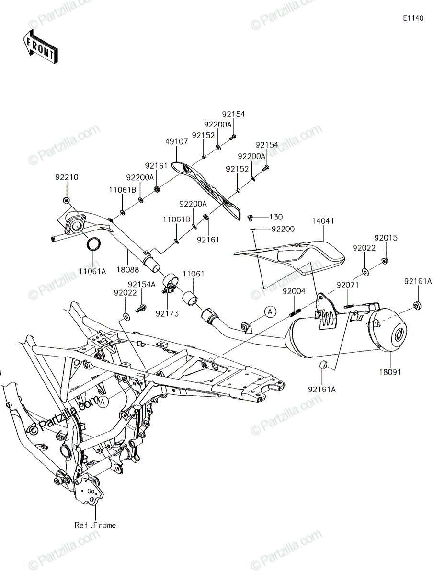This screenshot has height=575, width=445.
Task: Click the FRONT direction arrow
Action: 40,46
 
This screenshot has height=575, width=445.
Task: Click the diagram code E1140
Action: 413,18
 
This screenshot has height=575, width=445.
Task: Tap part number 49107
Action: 176,142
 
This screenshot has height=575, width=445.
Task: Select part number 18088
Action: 128,270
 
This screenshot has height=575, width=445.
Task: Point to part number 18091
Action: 390,372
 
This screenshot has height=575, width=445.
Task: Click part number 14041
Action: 323,221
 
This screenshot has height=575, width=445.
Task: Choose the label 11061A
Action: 92,271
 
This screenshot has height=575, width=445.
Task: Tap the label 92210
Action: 67,177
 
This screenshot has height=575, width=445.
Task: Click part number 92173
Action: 167,313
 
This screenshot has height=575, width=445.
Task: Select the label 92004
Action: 294,291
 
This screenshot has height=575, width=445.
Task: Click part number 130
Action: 276,217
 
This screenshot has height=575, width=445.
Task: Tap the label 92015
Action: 386,238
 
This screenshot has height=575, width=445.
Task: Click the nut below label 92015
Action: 385,261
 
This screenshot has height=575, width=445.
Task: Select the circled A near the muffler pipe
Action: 270,312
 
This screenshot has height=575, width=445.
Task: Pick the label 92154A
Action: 142,285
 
